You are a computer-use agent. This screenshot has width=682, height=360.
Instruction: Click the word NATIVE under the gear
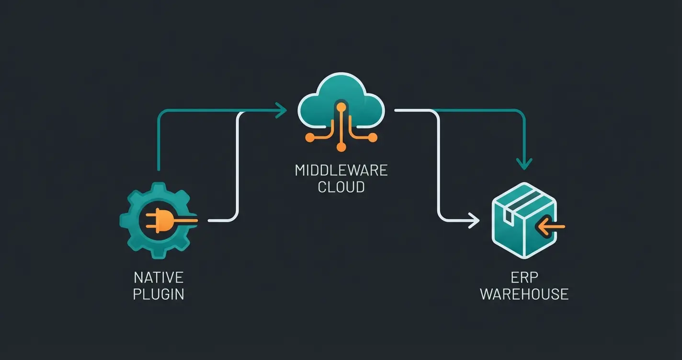click(159, 278)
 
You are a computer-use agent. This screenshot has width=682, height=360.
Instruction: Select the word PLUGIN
click(159, 293)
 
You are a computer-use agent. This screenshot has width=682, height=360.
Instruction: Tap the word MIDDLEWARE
click(341, 170)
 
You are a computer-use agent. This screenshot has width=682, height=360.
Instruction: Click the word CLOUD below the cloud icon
click(341, 186)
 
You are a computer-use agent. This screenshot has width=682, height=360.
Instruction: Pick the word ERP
click(524, 278)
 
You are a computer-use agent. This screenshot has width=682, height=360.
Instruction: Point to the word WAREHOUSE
click(524, 293)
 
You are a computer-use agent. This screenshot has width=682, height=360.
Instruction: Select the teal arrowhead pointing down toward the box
click(525, 164)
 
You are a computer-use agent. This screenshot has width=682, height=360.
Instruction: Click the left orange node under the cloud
click(310, 138)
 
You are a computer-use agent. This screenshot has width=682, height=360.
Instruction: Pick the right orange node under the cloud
click(372, 138)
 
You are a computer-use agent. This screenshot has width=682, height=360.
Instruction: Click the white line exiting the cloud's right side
click(412, 111)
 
